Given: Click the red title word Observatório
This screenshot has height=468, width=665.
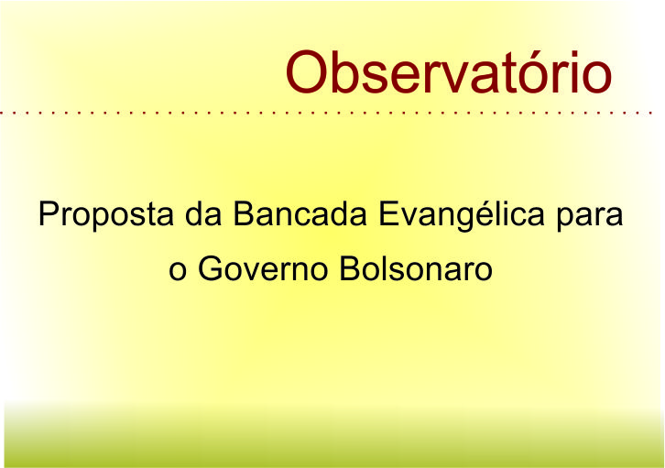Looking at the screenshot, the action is click(x=449, y=72).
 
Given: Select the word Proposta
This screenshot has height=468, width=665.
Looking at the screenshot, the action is click(x=106, y=215).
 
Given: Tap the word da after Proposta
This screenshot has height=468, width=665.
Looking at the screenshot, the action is click(x=203, y=213).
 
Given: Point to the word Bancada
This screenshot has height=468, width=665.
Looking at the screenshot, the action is click(x=300, y=213).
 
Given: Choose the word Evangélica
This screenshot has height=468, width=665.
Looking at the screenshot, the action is click(x=462, y=215).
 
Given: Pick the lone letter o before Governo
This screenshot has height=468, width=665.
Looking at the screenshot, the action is click(x=178, y=270).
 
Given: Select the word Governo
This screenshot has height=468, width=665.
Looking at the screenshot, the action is click(x=263, y=268).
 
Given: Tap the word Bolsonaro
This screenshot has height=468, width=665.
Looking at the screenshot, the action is click(x=416, y=268).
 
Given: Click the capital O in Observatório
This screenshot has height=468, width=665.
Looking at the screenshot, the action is click(x=307, y=72).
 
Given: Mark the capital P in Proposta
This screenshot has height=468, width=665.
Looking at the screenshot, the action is click(x=49, y=213).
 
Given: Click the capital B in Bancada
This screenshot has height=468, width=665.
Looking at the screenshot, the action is click(x=245, y=213).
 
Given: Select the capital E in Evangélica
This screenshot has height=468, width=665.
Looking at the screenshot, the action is click(x=388, y=213).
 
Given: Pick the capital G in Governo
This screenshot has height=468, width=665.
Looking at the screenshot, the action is click(x=211, y=268).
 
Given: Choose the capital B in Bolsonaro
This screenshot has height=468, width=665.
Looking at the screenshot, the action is click(x=350, y=268).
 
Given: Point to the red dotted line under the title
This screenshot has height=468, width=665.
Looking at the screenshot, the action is click(x=326, y=114).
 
